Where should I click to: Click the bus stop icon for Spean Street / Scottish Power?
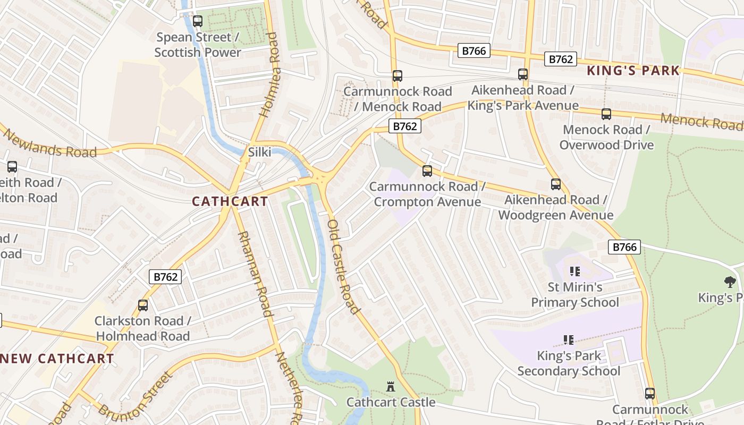click(x=198, y=21)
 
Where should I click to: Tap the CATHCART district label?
click(x=230, y=201)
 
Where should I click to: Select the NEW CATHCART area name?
click(x=57, y=359)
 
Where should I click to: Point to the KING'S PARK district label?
click(x=633, y=70)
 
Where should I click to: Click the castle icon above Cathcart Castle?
click(x=391, y=387)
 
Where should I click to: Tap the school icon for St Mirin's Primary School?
click(x=574, y=271)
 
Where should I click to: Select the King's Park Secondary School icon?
click(x=568, y=339)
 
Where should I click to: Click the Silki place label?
click(x=259, y=152)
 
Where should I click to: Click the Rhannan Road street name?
click(x=255, y=274)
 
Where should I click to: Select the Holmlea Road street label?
click(x=268, y=74)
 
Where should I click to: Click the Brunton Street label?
click(x=136, y=396)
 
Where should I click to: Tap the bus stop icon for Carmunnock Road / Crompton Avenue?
click(x=427, y=171)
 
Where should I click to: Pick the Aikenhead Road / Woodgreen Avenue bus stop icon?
click(x=555, y=184)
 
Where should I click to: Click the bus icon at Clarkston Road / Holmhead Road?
click(x=142, y=305)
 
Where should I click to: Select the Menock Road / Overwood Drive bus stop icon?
click(x=606, y=114)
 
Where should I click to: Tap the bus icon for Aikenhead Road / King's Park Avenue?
click(x=522, y=74)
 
